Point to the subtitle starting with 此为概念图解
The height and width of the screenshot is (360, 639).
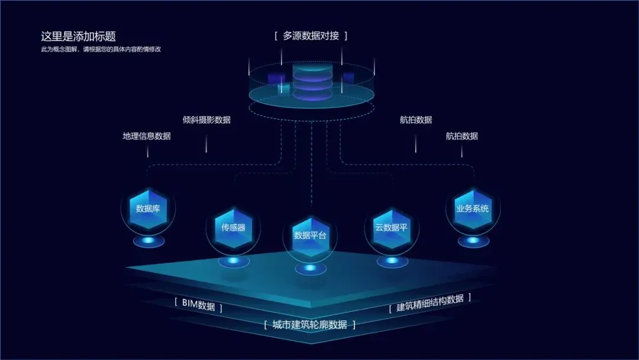(x=101, y=49)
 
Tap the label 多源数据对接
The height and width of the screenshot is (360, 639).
(x=311, y=36)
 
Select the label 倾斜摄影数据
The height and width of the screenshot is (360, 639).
(x=206, y=120)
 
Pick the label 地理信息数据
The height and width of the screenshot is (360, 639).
(x=147, y=136)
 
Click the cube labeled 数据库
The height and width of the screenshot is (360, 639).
(x=148, y=208)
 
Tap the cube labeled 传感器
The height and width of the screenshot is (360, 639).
(x=233, y=227)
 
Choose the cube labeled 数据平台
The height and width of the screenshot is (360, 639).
(x=310, y=235)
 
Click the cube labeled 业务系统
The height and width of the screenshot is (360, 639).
(x=472, y=208)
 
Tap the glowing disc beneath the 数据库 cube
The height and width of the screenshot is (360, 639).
(x=148, y=240)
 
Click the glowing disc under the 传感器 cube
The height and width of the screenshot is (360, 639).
(x=233, y=261)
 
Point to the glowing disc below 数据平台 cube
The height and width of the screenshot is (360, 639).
(x=310, y=269)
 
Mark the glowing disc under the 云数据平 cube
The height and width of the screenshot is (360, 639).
(x=392, y=261)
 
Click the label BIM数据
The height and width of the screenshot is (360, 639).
(x=198, y=306)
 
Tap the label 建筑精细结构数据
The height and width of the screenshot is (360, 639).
(x=430, y=303)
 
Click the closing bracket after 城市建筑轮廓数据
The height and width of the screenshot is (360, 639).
(x=354, y=324)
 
